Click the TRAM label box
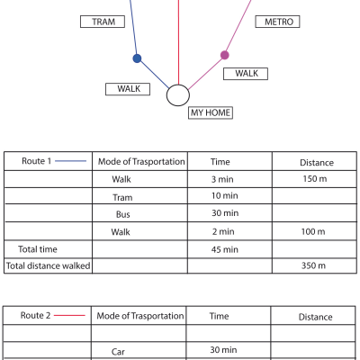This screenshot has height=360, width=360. (x=103, y=22)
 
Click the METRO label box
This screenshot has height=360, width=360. (x=277, y=22)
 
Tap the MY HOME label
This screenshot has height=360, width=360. (x=211, y=112)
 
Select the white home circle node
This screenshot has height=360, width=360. (x=178, y=95)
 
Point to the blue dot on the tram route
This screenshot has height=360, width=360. (x=137, y=58)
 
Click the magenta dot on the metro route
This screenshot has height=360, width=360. (x=225, y=55)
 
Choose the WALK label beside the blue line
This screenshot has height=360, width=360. (x=128, y=89)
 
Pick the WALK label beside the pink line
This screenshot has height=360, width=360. (x=246, y=74)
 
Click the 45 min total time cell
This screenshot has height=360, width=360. (x=225, y=249)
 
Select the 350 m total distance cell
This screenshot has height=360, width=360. (x=313, y=265)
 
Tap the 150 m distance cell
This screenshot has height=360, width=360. (x=315, y=179)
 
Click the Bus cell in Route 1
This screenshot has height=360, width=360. (x=123, y=214)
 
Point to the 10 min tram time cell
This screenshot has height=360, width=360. (x=225, y=195)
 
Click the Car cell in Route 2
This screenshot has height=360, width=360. (x=118, y=352)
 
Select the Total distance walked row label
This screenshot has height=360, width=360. (x=49, y=265)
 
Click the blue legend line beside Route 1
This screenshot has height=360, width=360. (x=71, y=161)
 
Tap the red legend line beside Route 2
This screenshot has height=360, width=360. (x=69, y=315)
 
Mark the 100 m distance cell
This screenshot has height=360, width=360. (x=313, y=231)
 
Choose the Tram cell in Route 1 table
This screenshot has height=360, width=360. (x=122, y=197)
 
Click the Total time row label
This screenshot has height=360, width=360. (x=38, y=249)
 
